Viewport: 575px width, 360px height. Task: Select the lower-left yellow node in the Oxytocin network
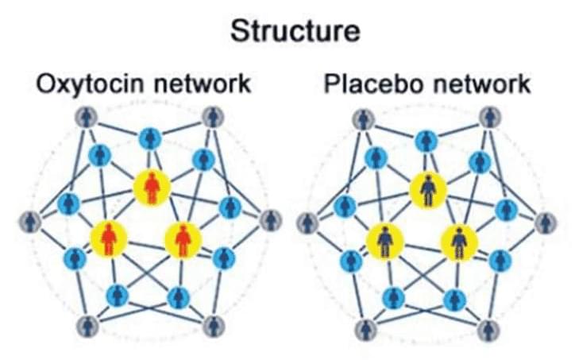click(108, 238)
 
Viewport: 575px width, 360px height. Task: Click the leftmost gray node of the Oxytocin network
click(30, 221)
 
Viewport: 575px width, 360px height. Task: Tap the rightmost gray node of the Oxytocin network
click(269, 220)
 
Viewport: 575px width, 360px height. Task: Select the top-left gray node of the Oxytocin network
click(87, 118)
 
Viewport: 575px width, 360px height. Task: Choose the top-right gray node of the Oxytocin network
click(212, 118)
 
